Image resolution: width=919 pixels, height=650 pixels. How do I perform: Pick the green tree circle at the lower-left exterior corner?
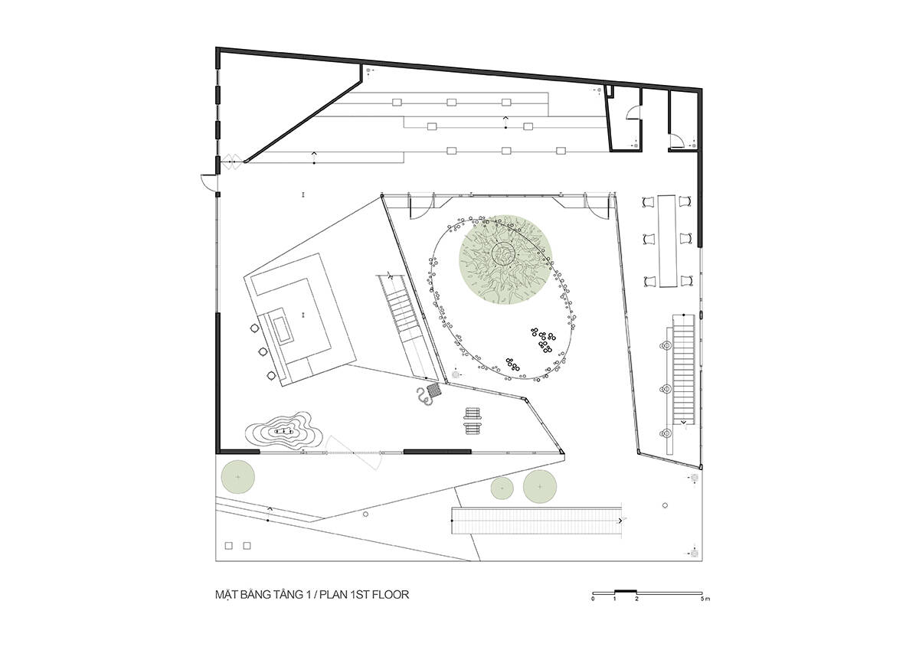coord(238,477)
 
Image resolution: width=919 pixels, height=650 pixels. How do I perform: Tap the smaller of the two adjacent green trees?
coord(502,488)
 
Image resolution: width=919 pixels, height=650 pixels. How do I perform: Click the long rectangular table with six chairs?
coord(667,240)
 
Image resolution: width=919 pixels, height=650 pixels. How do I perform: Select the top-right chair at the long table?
coord(685,201)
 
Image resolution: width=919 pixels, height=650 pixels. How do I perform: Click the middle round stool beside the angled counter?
coord(263,351)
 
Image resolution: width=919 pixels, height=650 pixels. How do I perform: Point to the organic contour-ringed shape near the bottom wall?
coord(284,432)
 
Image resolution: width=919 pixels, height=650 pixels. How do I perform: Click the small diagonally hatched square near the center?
coord(434,390)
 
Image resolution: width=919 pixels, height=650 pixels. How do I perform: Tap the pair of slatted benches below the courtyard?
coord(473,420)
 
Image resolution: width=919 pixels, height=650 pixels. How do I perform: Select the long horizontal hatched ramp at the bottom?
coord(536,521)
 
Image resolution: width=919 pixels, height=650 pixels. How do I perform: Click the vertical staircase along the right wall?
coord(683,370)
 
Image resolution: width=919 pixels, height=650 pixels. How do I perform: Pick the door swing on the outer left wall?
coord(208,181)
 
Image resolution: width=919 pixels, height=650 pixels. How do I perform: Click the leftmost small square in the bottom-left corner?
coord(229,545)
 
